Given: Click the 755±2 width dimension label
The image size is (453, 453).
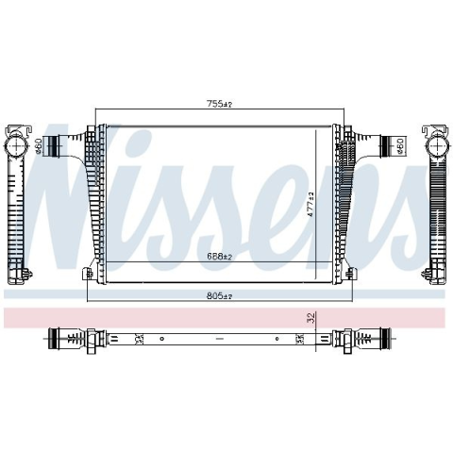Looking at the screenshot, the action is click(x=219, y=104).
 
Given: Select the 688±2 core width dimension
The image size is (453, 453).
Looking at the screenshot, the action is click(x=219, y=257).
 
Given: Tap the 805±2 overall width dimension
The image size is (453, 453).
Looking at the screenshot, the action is click(x=219, y=295).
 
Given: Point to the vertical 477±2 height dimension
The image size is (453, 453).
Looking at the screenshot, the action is click(x=310, y=205).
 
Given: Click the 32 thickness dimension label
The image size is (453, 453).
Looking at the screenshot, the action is click(x=310, y=318).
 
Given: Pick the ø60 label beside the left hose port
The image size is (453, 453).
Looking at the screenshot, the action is click(x=39, y=146).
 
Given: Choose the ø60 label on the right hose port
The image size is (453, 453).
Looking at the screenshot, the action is click(x=400, y=146).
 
